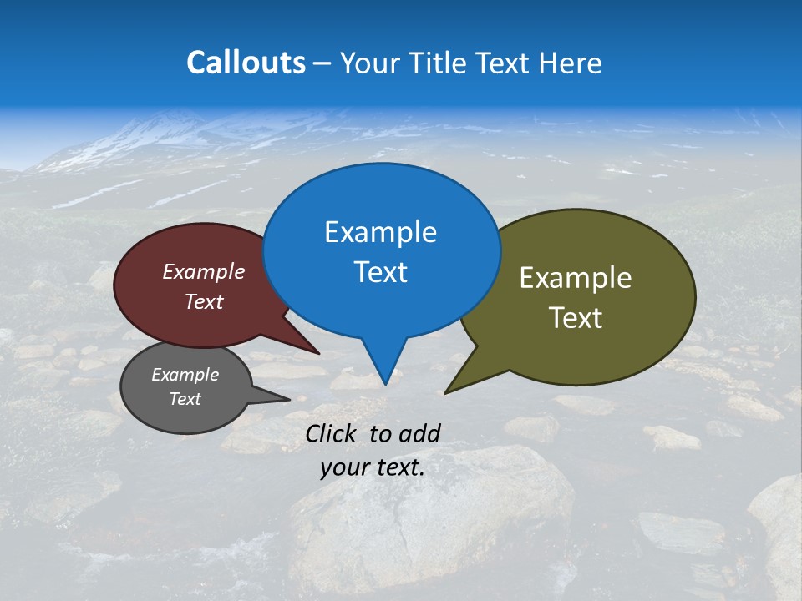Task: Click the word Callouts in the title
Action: coord(246,63)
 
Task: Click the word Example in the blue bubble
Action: coord(380,232)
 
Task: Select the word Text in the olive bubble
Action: coord(576,318)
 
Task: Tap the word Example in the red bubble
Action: coord(204,271)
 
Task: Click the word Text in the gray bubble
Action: coord(185,399)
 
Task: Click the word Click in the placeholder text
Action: coord(332,433)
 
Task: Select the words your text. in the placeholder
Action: coord(373,467)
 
